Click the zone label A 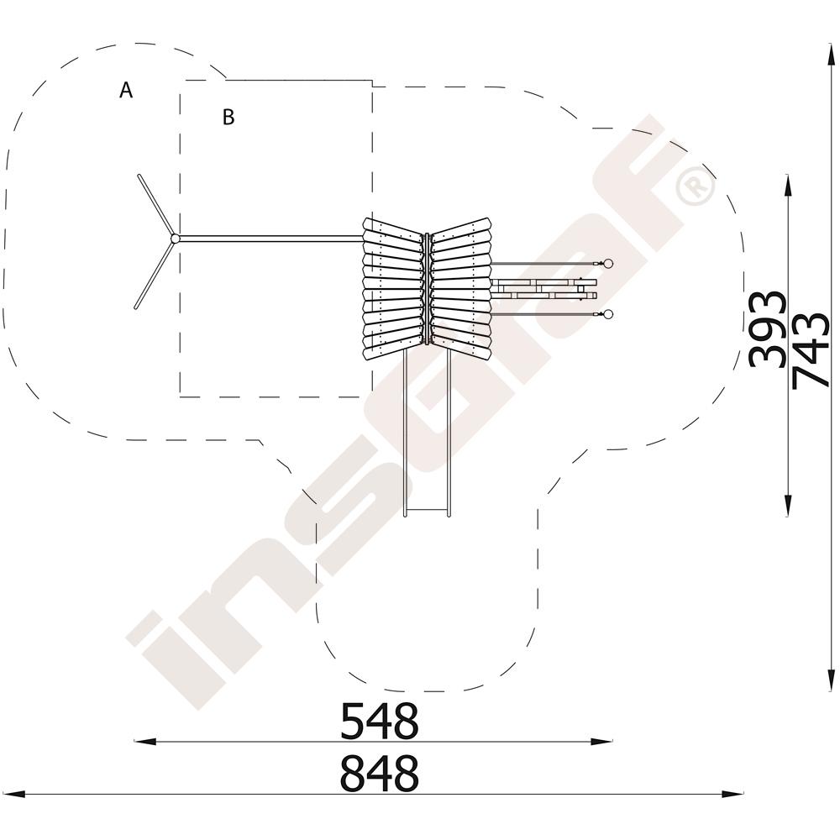tap(126, 90)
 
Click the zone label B tap(228, 117)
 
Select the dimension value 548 tap(380, 721)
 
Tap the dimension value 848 tap(380, 773)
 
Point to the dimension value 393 tap(767, 329)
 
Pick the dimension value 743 tap(811, 349)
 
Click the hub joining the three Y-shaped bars tap(175, 239)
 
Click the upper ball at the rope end tap(607, 263)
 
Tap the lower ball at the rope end tap(607, 314)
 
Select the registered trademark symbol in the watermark tap(696, 186)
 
